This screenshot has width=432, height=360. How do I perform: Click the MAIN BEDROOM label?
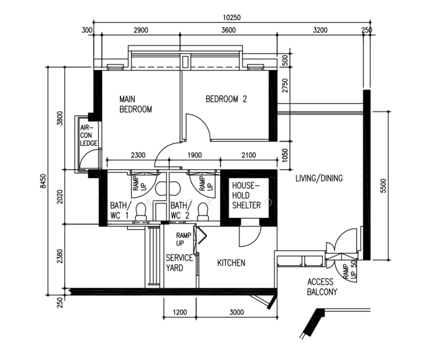pos(136,104)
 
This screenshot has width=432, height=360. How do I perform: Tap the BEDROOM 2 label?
pos(226,99)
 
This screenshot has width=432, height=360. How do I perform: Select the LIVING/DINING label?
pos(319,178)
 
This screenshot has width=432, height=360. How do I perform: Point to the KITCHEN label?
pos(231,263)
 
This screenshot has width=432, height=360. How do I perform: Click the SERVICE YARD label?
pos(179,263)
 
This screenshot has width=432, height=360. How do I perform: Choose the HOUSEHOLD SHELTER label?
pos(246,195)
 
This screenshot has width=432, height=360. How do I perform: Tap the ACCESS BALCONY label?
pos(322,287)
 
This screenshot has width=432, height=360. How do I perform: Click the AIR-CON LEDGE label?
pos(88,135)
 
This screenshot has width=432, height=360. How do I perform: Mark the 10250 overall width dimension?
pos(232,17)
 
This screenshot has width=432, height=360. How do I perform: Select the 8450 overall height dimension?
pos(43,181)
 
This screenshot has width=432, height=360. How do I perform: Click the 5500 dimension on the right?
pos(383,185)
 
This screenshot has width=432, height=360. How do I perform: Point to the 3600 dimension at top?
pos(229,30)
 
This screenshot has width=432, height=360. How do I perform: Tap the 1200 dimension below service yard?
pos(179,312)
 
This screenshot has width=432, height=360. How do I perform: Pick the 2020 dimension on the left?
pos(60,197)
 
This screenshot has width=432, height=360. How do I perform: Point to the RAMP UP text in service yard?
pos(184,239)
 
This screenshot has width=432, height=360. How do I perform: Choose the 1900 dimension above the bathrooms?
pos(194,155)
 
